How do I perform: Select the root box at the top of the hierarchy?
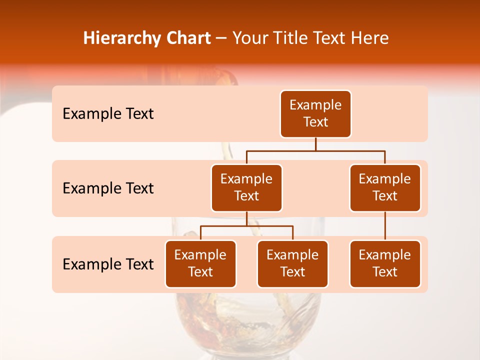coord(315,114)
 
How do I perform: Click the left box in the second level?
coord(246,188)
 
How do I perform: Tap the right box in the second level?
coord(385,188)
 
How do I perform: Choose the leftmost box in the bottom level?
coord(200,264)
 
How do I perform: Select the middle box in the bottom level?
coord(292,264)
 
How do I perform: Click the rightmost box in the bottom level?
coord(385,264)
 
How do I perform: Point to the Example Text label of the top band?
coord(108,114)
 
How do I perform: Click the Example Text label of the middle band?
coord(108,188)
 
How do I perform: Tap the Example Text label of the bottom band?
coord(108,264)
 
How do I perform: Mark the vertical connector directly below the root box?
coord(315,144)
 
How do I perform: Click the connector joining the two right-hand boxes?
coord(385,226)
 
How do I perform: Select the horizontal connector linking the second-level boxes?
coord(315,150)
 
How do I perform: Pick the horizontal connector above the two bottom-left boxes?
coord(246,226)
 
